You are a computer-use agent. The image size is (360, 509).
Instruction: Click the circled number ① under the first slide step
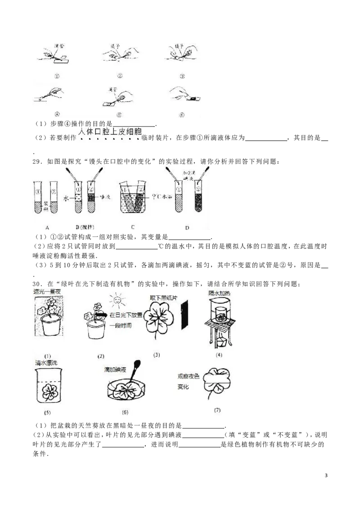point(57,76)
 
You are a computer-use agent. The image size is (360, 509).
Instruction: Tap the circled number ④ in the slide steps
point(57,114)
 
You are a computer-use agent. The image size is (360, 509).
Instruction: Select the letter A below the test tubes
point(47,228)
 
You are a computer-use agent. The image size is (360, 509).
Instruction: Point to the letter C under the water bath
point(133,228)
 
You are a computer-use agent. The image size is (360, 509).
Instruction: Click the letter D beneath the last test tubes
point(187,228)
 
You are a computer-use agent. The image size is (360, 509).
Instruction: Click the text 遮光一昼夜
point(48,292)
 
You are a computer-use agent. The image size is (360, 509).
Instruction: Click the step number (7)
point(217,410)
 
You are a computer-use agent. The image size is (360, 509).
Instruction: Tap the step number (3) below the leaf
point(157,355)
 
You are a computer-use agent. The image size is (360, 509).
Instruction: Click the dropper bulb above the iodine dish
point(138,364)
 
